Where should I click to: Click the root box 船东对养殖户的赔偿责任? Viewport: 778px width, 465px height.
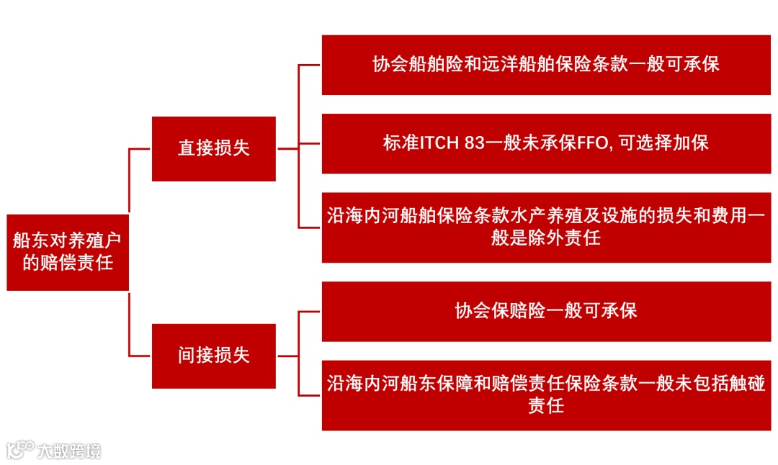click(x=68, y=252)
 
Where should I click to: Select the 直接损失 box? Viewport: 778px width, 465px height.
click(x=213, y=148)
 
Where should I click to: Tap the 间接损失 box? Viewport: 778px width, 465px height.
click(x=213, y=356)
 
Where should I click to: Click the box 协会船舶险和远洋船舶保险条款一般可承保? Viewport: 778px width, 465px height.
click(x=545, y=65)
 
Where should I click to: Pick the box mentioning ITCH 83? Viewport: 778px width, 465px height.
click(x=545, y=143)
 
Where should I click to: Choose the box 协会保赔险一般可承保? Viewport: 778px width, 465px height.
click(x=545, y=311)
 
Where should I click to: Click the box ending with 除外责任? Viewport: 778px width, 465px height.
click(x=545, y=227)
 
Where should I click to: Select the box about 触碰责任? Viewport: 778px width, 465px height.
click(x=545, y=394)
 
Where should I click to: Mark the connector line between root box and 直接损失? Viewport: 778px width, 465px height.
click(x=129, y=180)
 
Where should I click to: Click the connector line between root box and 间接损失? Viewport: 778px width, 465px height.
click(x=129, y=324)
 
